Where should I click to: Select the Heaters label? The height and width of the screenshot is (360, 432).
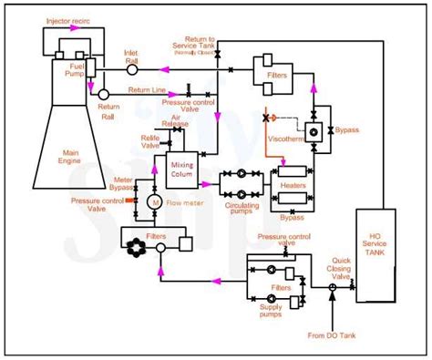[293, 184]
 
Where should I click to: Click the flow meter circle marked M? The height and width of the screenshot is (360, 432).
[154, 201]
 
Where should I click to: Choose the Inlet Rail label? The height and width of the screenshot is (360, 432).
[132, 57]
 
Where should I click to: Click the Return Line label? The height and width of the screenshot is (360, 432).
[146, 89]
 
